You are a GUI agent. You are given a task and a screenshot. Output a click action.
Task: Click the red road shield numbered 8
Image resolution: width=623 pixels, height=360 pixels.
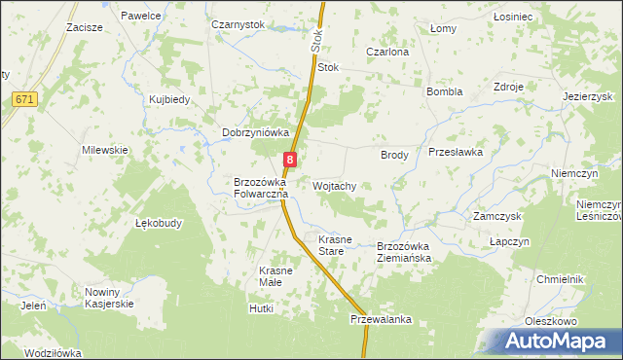click(x=290, y=159)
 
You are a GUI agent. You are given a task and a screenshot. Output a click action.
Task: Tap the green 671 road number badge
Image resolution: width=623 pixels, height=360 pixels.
click(x=25, y=99)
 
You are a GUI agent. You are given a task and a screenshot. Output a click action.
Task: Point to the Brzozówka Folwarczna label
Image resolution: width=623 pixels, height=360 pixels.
click(x=260, y=188)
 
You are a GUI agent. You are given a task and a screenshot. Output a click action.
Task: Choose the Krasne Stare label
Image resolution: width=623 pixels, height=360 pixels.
click(x=333, y=245)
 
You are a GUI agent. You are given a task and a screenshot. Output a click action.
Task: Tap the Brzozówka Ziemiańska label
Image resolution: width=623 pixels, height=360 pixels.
click(x=410, y=253)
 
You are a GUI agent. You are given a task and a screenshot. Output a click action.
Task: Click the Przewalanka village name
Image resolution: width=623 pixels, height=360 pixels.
click(x=383, y=319)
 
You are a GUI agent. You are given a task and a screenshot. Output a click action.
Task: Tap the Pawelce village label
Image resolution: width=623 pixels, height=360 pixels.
click(x=141, y=17)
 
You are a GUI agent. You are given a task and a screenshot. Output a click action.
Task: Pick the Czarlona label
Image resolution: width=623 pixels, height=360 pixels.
click(x=386, y=52)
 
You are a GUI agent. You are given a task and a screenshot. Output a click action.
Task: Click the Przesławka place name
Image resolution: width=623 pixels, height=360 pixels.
click(x=456, y=153)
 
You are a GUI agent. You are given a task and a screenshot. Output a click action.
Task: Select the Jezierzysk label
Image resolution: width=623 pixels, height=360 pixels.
click(x=588, y=97)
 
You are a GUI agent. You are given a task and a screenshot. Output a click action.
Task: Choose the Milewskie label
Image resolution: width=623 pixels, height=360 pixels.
click(x=105, y=150)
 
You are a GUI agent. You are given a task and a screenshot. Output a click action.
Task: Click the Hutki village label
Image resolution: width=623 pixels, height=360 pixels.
click(x=262, y=308)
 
